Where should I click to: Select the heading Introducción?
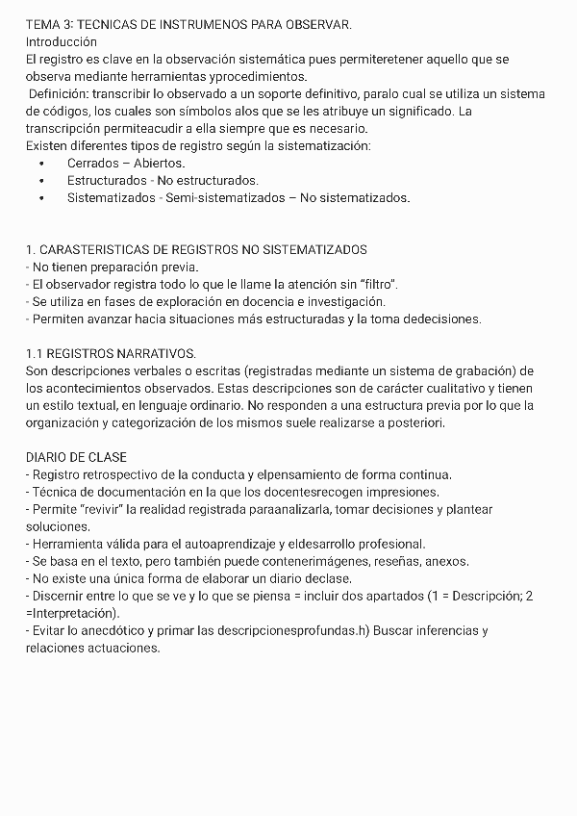(x=62, y=42)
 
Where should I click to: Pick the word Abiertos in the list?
(x=159, y=164)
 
